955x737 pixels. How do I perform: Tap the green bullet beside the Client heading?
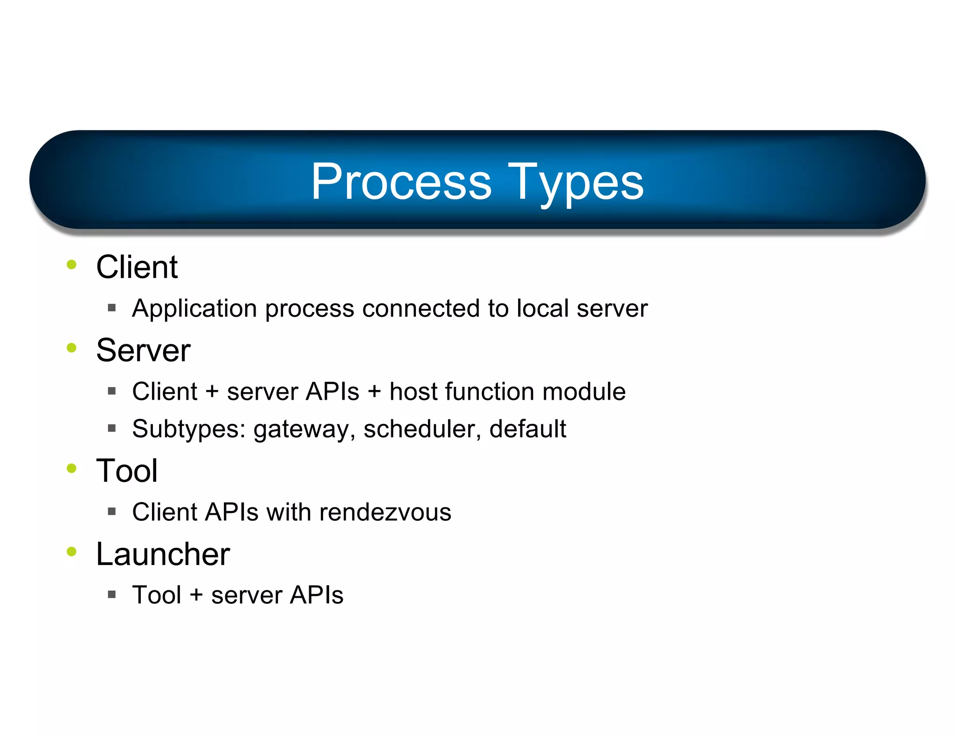(71, 265)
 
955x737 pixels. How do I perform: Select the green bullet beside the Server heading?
(71, 348)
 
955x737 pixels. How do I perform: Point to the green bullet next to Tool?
(71, 468)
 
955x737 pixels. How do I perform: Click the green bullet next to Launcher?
(71, 552)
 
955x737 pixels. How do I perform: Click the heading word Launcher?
(163, 554)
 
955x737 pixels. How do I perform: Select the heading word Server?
(143, 350)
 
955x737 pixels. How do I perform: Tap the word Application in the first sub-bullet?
(194, 309)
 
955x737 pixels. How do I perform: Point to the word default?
(527, 429)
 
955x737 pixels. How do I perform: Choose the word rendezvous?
(385, 512)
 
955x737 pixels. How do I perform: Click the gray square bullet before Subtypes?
(111, 428)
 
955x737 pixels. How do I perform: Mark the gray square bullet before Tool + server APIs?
(111, 594)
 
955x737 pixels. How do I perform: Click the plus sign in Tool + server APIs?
(196, 595)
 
